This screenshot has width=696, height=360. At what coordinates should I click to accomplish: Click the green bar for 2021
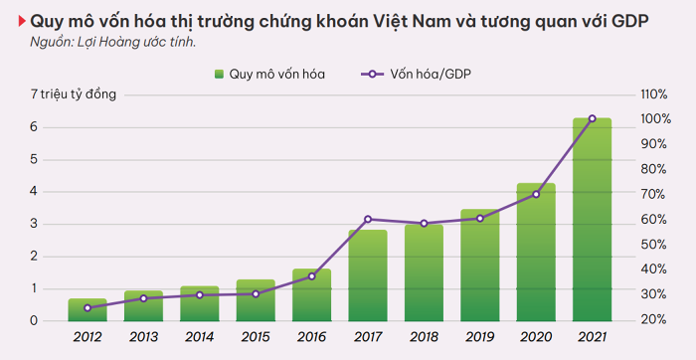tap(593, 220)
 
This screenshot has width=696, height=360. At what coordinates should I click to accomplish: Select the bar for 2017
tap(368, 275)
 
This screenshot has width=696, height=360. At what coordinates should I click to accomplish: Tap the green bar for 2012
tap(87, 310)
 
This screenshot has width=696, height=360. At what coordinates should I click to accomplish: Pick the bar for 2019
tap(480, 266)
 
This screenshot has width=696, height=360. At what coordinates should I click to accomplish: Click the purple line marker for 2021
tap(593, 118)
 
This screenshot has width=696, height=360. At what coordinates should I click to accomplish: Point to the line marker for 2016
tap(311, 276)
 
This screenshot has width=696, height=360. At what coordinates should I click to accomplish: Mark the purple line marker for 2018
tap(424, 224)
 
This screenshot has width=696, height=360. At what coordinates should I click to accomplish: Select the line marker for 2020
tap(536, 194)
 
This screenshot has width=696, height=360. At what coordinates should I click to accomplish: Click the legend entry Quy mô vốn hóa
tap(269, 75)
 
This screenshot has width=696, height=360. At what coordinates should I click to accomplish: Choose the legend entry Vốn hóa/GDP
tap(416, 75)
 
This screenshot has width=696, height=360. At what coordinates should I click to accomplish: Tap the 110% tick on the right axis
tap(654, 94)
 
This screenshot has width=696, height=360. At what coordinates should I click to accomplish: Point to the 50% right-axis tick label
tap(654, 245)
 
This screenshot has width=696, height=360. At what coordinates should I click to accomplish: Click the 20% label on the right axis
tap(654, 319)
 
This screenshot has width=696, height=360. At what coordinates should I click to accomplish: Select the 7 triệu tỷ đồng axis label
tap(74, 95)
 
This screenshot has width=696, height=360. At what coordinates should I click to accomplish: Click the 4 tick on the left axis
tap(34, 192)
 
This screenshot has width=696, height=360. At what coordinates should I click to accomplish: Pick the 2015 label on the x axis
tap(256, 337)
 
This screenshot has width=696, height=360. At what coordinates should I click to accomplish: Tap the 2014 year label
tap(200, 337)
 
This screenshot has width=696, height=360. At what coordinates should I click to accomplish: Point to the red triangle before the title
tap(22, 21)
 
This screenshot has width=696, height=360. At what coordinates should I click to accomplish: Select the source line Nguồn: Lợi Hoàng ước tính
tap(113, 43)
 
